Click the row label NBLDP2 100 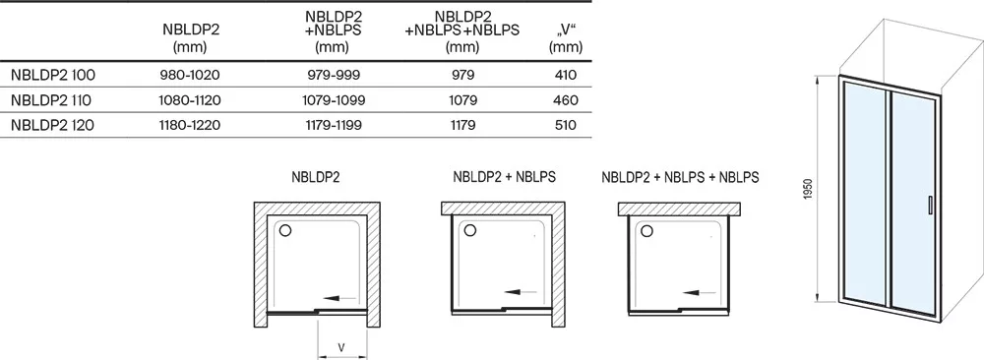click(53, 76)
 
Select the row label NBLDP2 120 click(53, 126)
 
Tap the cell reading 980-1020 click(190, 76)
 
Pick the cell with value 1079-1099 click(333, 100)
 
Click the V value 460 click(566, 100)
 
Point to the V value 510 click(566, 126)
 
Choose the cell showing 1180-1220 click(190, 126)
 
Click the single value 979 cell click(461, 76)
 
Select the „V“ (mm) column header click(566, 38)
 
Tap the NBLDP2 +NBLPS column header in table click(333, 30)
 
